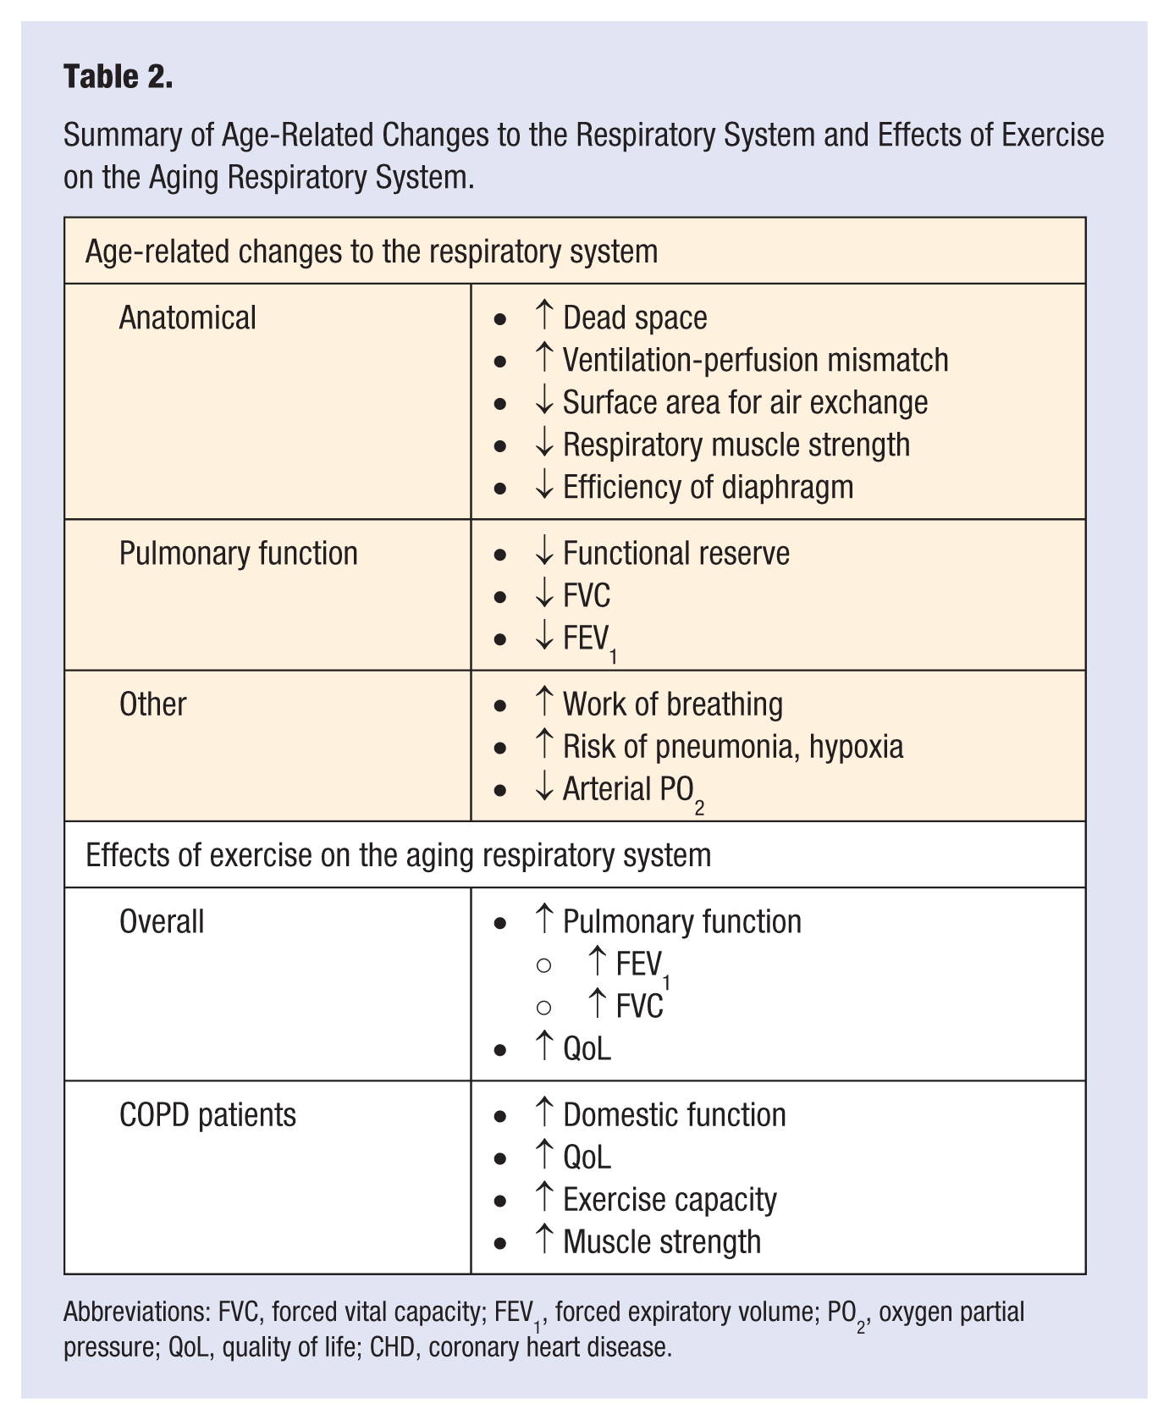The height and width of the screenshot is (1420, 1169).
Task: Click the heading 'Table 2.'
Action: point(119,77)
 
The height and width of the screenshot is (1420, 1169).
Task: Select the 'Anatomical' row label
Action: point(187,318)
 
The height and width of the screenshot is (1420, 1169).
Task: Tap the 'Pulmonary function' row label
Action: point(238,554)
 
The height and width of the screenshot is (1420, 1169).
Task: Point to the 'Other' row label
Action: point(152,704)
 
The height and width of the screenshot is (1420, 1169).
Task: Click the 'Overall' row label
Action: point(162,922)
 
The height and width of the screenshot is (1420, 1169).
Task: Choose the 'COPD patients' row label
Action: point(207,1115)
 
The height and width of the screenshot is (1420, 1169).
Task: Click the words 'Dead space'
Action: point(635,318)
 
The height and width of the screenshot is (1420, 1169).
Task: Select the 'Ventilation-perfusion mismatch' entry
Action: point(755,361)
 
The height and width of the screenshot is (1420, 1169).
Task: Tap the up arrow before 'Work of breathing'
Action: point(544,703)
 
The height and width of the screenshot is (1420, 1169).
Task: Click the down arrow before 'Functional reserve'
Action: point(544,553)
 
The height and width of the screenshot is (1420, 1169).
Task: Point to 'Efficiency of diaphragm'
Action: point(708,488)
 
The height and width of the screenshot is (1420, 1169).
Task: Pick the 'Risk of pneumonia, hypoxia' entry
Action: point(733,747)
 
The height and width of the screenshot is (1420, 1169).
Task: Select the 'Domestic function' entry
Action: point(674,1115)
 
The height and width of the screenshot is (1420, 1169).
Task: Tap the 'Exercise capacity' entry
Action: point(670,1200)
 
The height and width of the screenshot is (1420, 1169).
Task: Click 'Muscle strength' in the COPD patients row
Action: point(662,1242)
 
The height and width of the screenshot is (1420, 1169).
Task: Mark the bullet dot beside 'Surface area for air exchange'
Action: point(500,405)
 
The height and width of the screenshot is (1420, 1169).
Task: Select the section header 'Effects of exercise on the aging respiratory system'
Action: point(398,855)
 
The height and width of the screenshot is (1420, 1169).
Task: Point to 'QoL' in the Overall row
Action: point(587,1049)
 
